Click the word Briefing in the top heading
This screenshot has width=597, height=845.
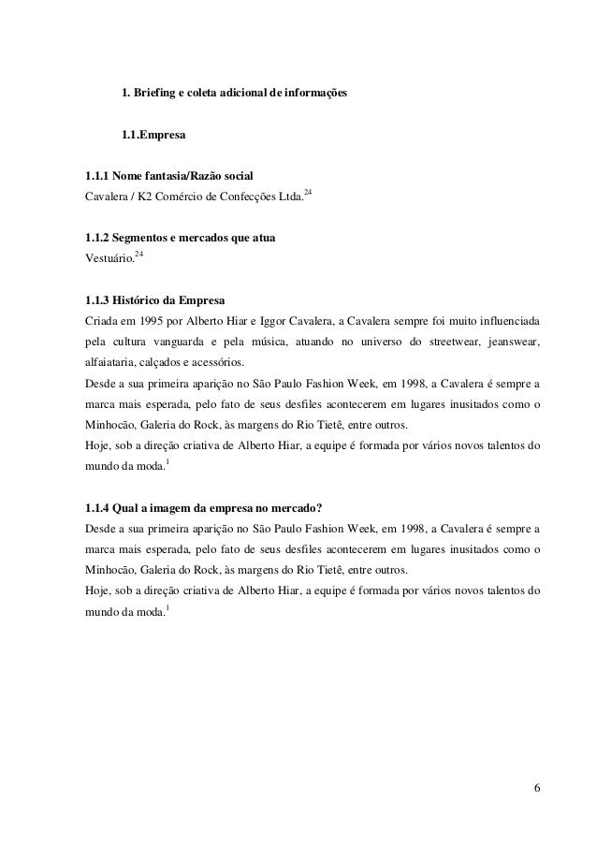point(159,95)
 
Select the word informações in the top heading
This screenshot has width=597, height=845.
point(313,95)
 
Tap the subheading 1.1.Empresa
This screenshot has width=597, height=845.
point(153,137)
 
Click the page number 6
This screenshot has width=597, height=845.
point(536,784)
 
